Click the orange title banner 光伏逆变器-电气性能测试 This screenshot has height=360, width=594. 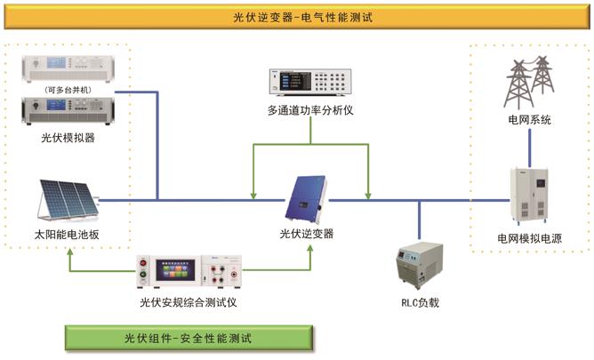tap(295, 15)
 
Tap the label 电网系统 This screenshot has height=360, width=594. tap(529, 118)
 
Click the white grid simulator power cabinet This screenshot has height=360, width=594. tap(530, 196)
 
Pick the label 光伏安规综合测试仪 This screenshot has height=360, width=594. tap(189, 302)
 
